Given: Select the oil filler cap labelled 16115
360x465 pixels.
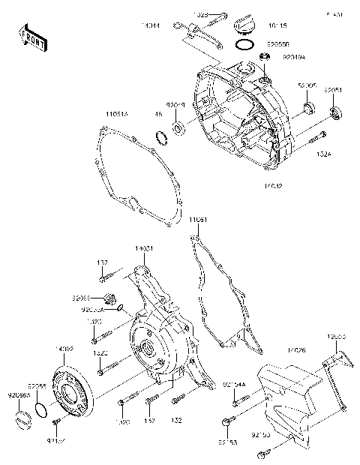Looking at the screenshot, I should [243, 25].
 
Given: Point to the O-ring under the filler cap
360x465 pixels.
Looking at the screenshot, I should [242, 45].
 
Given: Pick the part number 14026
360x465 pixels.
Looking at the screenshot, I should [296, 350].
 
